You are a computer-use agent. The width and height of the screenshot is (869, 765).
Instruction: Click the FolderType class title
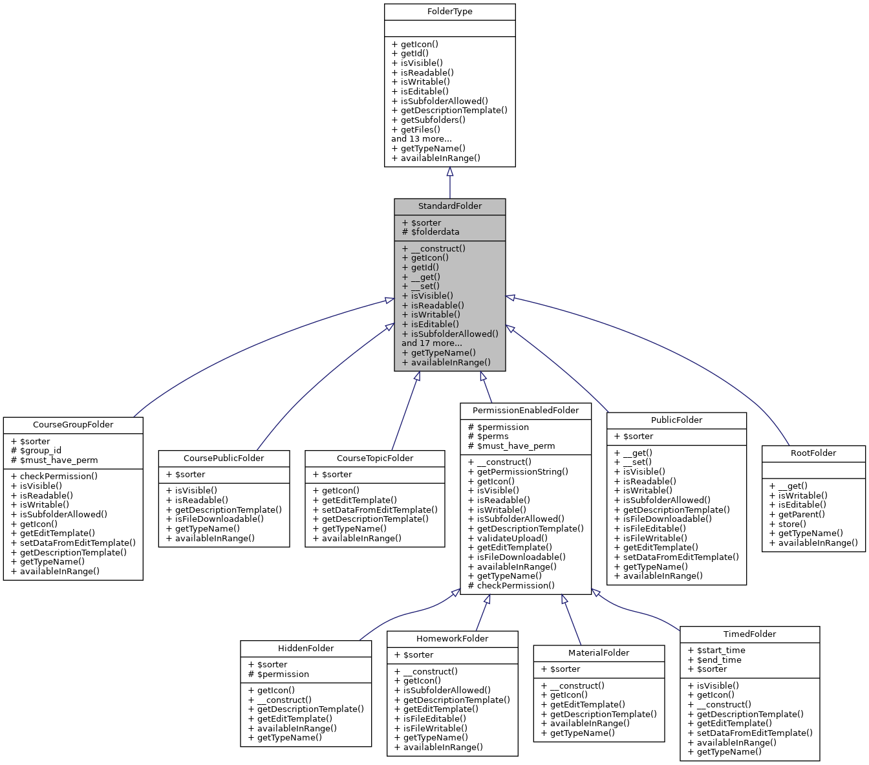[449, 12]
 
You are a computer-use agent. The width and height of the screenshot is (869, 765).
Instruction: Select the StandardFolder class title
[449, 206]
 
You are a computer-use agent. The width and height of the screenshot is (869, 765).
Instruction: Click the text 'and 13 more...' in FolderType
[421, 139]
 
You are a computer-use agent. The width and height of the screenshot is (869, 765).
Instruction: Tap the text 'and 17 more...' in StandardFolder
[431, 343]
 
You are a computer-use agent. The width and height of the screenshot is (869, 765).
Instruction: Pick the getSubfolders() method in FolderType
[433, 120]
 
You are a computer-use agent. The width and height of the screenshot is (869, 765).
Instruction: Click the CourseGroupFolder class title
[73, 425]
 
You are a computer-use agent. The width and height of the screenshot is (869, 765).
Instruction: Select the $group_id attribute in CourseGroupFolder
[41, 451]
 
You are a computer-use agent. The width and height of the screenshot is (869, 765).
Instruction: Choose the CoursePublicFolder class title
[224, 458]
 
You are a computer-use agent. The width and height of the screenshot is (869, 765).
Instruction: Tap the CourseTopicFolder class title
[375, 458]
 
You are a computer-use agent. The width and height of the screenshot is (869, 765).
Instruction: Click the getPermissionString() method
[522, 471]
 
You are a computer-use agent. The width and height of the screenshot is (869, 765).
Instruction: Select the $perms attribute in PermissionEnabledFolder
[492, 436]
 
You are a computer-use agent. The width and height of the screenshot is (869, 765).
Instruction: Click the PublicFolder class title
[676, 420]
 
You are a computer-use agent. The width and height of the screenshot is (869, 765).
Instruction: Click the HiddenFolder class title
[306, 648]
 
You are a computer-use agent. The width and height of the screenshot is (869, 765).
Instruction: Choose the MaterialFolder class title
[599, 653]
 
